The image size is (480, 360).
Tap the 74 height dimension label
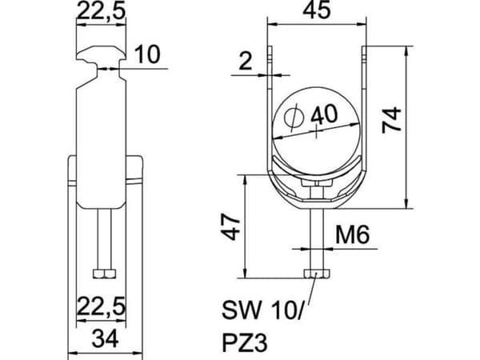point(391,120)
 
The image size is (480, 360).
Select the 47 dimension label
point(231,227)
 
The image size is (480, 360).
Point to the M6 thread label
point(353,234)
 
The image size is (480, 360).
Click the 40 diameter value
point(324,114)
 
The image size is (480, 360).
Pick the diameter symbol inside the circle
point(294,118)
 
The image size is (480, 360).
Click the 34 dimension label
point(105,339)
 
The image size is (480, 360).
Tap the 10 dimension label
point(147,54)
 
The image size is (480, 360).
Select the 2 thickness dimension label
point(246,61)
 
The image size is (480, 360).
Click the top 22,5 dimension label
point(101,11)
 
